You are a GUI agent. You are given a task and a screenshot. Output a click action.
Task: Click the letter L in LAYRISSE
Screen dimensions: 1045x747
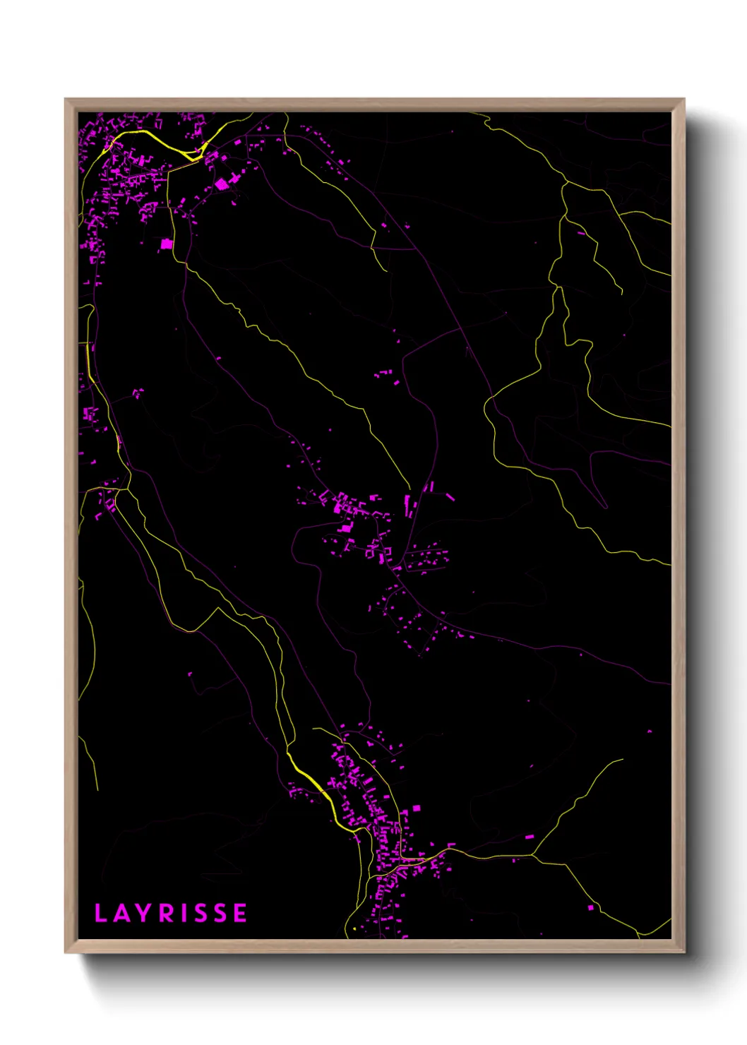(100, 913)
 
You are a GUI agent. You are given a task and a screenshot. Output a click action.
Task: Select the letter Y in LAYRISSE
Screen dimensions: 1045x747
(144, 913)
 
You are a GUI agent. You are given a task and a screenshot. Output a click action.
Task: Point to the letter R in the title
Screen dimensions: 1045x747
(167, 913)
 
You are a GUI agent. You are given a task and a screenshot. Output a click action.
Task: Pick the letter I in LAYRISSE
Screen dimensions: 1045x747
(185, 913)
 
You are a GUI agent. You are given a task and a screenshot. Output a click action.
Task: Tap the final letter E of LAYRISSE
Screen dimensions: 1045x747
(240, 913)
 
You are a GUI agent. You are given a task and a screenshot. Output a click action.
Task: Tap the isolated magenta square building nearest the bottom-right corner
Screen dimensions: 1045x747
(590, 907)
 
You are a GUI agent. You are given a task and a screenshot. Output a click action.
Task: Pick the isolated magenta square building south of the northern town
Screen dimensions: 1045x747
(167, 244)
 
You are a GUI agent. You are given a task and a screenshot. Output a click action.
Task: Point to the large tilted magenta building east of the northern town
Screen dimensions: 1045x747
(222, 184)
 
